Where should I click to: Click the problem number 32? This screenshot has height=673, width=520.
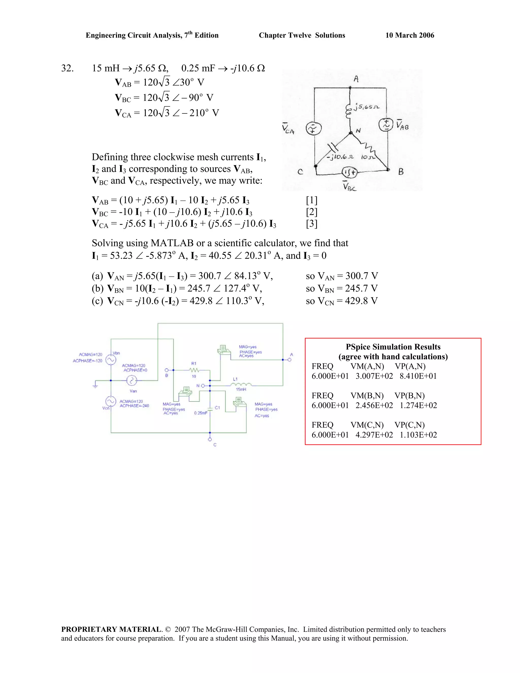tap(67, 68)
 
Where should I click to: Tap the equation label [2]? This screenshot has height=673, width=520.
tap(312, 212)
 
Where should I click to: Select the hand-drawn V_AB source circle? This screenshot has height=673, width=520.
tap(385, 125)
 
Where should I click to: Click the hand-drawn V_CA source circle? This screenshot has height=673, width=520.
tap(313, 129)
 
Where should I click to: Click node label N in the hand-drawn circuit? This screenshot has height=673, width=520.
tap(358, 131)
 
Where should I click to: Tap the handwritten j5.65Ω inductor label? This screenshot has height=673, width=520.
tap(367, 107)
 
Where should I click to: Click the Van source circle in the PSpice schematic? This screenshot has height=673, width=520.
tap(132, 381)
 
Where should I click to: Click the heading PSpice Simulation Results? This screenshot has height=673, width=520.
tap(393, 347)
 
